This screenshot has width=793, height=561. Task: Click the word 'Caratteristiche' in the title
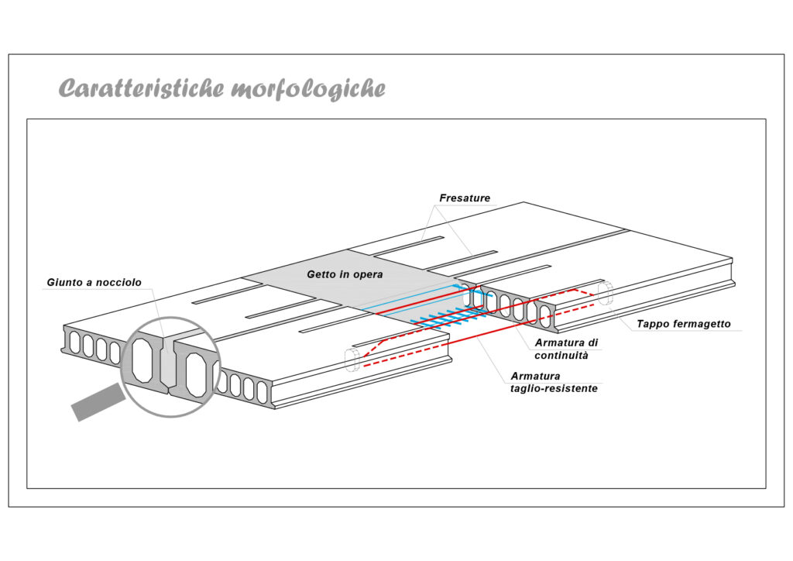(142, 88)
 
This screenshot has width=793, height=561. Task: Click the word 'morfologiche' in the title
(308, 89)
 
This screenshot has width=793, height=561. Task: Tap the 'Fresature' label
(465, 198)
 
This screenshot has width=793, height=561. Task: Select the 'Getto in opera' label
(345, 274)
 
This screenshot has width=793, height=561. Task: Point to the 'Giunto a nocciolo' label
(94, 282)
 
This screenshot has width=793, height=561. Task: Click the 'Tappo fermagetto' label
(684, 324)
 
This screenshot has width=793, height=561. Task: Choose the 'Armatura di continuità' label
(566, 349)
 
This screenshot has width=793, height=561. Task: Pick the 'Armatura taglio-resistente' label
(554, 383)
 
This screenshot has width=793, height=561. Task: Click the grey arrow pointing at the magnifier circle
(98, 401)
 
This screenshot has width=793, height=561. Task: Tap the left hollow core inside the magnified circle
(143, 360)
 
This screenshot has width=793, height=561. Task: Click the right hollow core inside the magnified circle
(196, 375)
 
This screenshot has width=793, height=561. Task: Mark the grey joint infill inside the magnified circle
(167, 362)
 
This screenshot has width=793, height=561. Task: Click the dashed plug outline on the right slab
(605, 293)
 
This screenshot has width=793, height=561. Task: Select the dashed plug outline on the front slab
(352, 360)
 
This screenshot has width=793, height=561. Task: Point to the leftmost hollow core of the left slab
(75, 343)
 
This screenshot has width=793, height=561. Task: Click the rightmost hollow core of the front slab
(262, 392)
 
